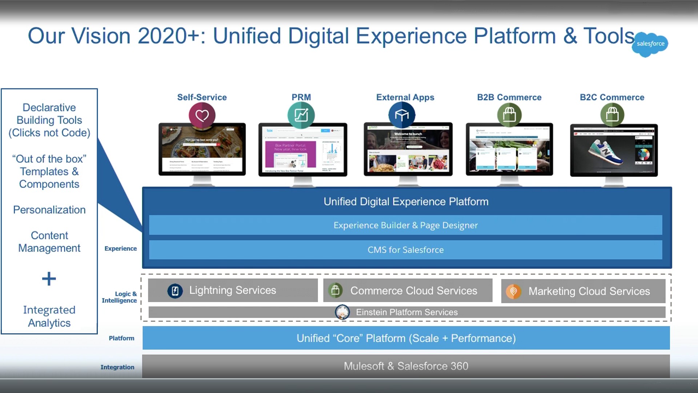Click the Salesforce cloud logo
[x=650, y=44]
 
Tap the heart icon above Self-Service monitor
[x=202, y=115]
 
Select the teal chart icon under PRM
[x=301, y=115]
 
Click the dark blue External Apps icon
[x=402, y=115]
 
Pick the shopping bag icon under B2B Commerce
[x=509, y=115]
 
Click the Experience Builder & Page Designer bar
[x=405, y=225]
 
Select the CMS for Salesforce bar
[x=405, y=250]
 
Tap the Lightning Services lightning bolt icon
[x=175, y=291]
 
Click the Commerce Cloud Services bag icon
[x=335, y=290]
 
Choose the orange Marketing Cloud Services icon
[x=513, y=291]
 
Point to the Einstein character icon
[x=342, y=312]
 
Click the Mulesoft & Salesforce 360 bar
[x=406, y=366]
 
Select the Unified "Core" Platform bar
[x=406, y=338]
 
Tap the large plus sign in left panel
[x=49, y=279]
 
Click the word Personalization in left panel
[x=49, y=210]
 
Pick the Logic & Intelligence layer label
[x=120, y=297]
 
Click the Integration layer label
[x=117, y=367]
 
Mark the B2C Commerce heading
[x=612, y=98]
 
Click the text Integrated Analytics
[x=49, y=316]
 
